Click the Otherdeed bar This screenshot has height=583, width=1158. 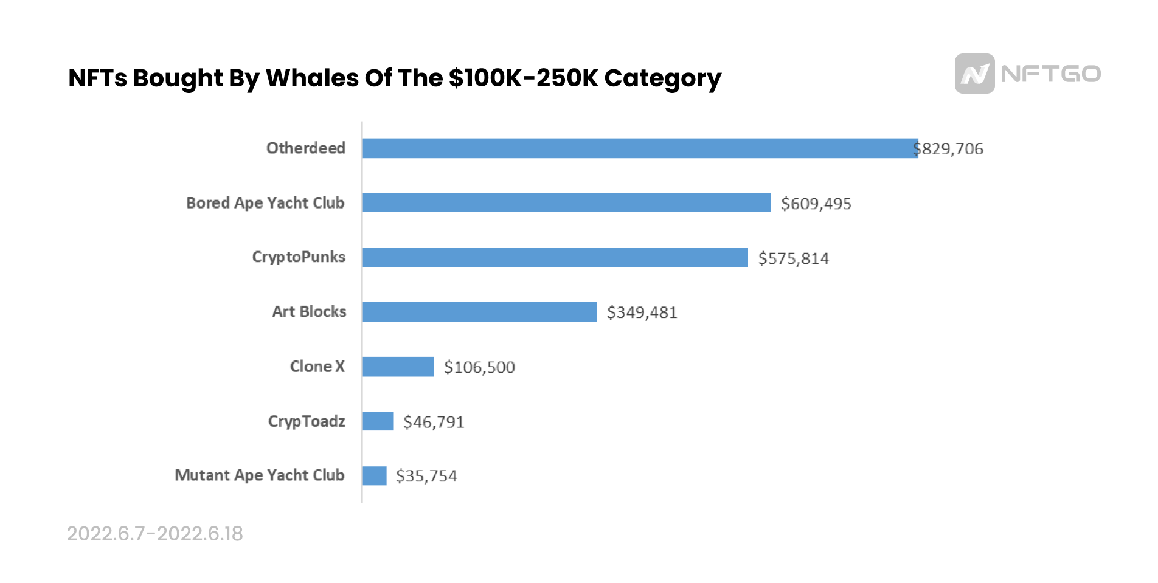(x=640, y=148)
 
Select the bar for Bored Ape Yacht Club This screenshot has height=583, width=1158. (x=566, y=203)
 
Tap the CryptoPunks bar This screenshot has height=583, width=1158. (x=555, y=257)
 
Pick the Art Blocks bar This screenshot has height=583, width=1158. (x=479, y=312)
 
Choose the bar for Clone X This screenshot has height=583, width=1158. (x=398, y=367)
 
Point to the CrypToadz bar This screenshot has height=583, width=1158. (x=378, y=421)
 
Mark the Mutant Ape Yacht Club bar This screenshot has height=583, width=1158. (x=374, y=475)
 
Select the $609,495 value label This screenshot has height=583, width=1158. (x=816, y=204)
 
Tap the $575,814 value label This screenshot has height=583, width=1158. (x=793, y=258)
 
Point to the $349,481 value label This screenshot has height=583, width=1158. (x=642, y=312)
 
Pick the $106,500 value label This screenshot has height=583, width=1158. (x=479, y=367)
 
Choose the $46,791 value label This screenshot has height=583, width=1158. (x=434, y=422)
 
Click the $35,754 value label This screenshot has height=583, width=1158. (x=426, y=476)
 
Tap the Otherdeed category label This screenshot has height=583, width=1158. (x=305, y=148)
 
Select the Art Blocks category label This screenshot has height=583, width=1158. (x=309, y=312)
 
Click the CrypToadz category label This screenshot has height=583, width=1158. (x=307, y=421)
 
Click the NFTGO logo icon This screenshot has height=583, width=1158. (x=974, y=74)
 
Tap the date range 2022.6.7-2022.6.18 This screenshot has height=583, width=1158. (x=154, y=534)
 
